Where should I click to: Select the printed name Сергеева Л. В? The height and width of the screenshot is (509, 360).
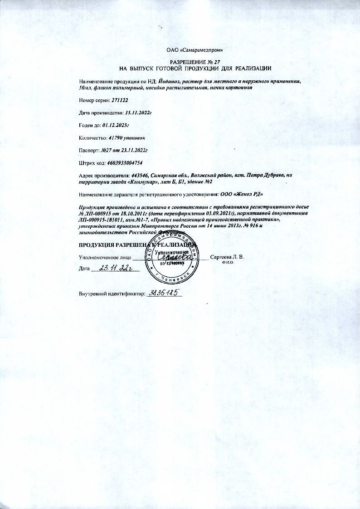[x=227, y=257]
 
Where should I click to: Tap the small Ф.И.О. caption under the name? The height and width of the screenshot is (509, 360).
[x=227, y=263]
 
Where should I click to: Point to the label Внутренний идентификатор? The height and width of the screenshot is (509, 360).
[x=111, y=294]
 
